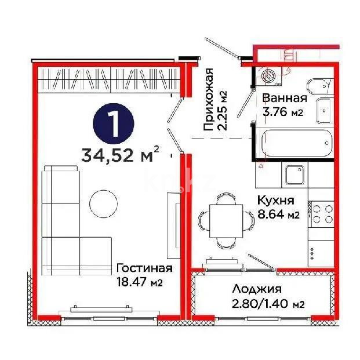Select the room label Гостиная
[144, 268]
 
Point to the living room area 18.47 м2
[139, 282]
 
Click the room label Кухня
[276, 201]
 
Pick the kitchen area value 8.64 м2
[278, 215]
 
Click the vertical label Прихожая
[209, 100]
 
